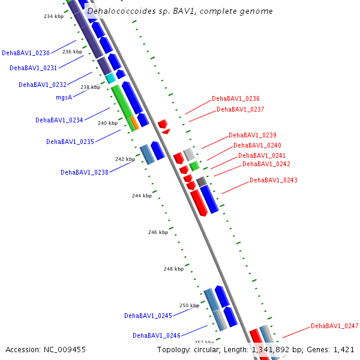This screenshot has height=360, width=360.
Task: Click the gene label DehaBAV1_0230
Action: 26,53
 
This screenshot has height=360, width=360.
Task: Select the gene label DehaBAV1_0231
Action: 34,68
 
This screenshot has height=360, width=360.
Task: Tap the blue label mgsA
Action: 64,97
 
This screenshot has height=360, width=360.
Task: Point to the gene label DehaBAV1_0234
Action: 59,120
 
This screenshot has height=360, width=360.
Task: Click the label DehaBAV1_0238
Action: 85,172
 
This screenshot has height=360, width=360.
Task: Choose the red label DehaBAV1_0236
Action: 236,98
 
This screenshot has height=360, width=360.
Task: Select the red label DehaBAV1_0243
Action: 274,180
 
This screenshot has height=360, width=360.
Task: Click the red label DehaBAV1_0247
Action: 334,326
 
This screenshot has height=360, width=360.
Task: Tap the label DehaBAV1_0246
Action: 157,335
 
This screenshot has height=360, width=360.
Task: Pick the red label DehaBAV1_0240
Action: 257,145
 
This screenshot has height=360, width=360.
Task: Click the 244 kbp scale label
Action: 142,196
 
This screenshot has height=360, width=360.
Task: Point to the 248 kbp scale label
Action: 173,269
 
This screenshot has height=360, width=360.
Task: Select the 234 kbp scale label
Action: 54,16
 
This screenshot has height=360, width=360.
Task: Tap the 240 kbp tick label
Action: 107,123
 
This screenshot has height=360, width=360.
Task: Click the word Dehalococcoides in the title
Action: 118,11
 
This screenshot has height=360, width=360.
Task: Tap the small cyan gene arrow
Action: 110,78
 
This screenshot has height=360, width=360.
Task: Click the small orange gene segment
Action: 135,123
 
